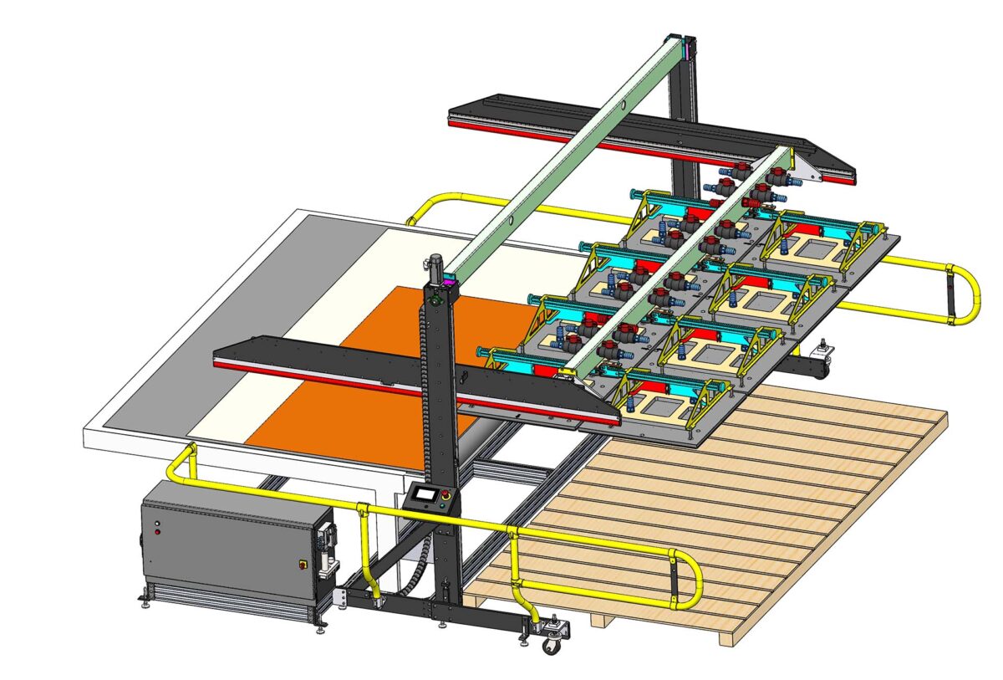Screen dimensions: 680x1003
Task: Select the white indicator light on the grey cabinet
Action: pyautogui.click(x=157, y=532)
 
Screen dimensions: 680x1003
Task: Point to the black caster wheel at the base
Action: pyautogui.click(x=552, y=644)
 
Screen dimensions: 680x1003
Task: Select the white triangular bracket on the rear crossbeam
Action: pyautogui.click(x=803, y=171)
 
